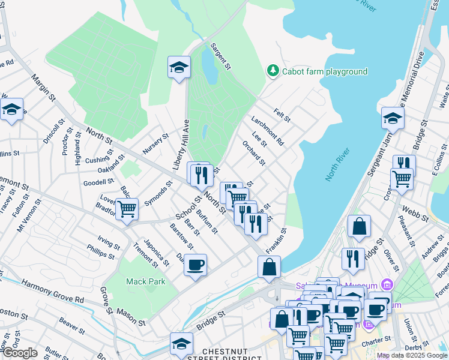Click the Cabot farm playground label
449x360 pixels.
[x=325, y=71]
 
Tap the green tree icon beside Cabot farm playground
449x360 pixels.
[x=273, y=71]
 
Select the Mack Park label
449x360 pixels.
[x=141, y=281]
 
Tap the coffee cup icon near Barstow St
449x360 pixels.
[x=195, y=265]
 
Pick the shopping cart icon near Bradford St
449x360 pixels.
[x=127, y=209]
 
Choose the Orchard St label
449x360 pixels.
[x=253, y=154]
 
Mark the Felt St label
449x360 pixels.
[x=282, y=115]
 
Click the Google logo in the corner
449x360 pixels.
[x=19, y=353]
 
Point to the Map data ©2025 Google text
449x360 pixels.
[x=412, y=355]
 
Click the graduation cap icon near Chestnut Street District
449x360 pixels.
[x=181, y=343]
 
